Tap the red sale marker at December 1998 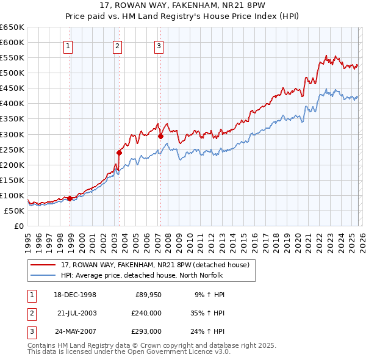pyautogui.click(x=70, y=198)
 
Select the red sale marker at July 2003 pyautogui.click(x=120, y=153)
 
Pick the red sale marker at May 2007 pyautogui.click(x=160, y=136)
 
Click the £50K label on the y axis pyautogui.click(x=14, y=211)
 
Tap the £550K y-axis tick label pyautogui.click(x=12, y=58)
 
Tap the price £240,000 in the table pyautogui.click(x=146, y=313)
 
